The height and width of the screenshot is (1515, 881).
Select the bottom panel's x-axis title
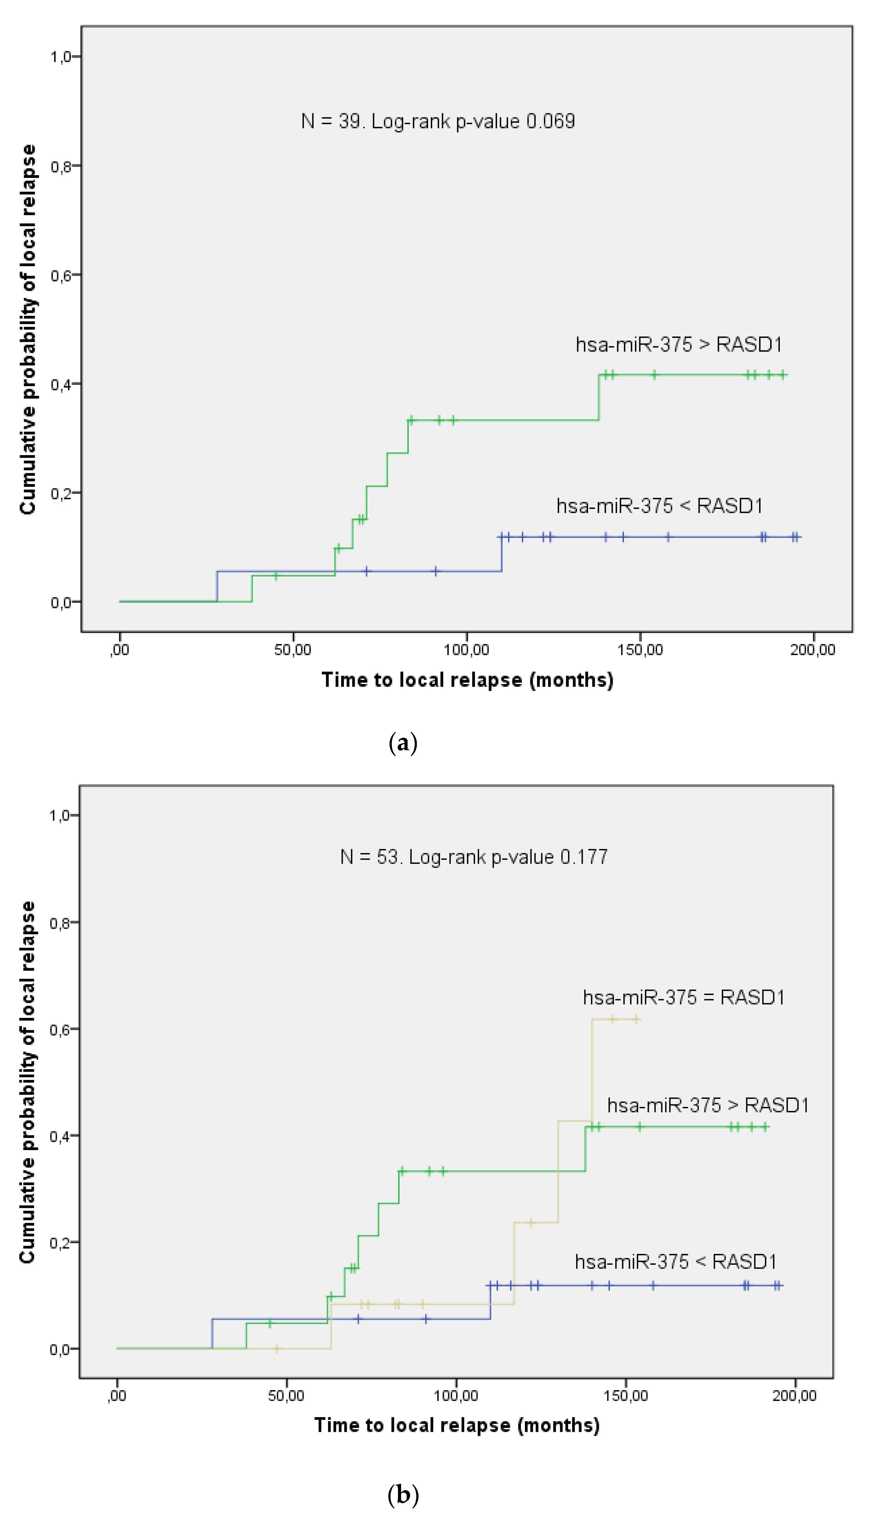[457, 1426]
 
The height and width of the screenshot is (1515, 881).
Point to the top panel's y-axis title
[28, 329]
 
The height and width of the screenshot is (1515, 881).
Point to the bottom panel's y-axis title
[28, 1082]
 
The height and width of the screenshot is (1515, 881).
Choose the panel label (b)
[403, 1495]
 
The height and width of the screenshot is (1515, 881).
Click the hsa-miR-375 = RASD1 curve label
[683, 997]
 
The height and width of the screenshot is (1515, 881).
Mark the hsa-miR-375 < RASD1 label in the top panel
[659, 506]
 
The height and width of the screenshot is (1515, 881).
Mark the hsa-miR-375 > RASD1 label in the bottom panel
[707, 1105]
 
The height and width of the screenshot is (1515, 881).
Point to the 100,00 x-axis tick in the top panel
[466, 650]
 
